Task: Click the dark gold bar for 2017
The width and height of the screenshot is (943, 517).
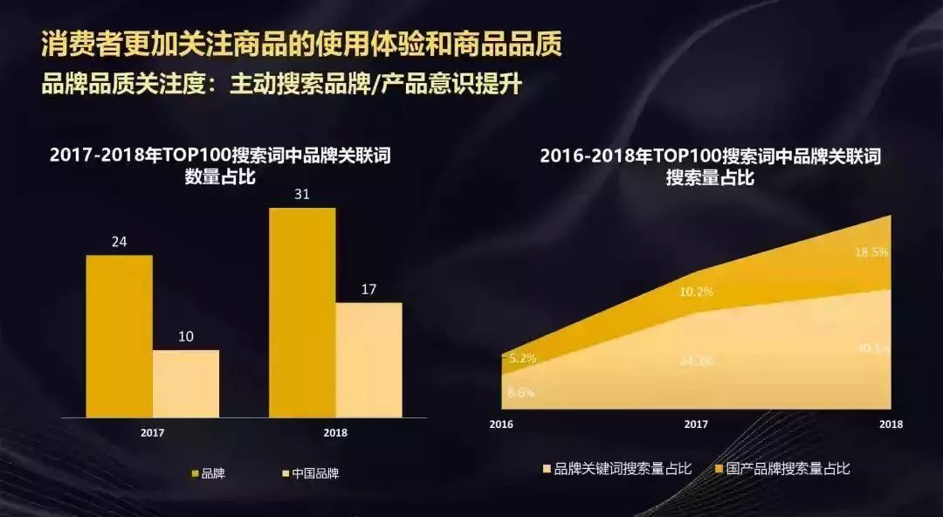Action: coord(119,335)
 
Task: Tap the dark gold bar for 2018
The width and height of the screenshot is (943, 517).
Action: coord(302,312)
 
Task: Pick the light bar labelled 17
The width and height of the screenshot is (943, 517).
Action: coord(369,359)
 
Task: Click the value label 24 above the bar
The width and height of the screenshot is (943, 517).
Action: coord(119,242)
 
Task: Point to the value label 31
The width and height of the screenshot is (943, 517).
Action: coord(302,194)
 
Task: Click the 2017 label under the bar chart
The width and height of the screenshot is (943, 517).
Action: coord(152,432)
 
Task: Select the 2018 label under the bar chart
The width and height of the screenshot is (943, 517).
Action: coord(335,432)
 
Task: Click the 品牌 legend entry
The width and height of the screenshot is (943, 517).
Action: coord(207,473)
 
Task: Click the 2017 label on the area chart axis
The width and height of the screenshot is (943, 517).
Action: coord(696,424)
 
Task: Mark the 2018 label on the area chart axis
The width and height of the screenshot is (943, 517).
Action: coord(891,424)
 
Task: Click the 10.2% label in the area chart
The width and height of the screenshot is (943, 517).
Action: coord(696,292)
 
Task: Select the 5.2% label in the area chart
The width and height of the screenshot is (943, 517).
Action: coord(522,358)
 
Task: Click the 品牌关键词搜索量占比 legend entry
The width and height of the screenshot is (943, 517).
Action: coord(616,469)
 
